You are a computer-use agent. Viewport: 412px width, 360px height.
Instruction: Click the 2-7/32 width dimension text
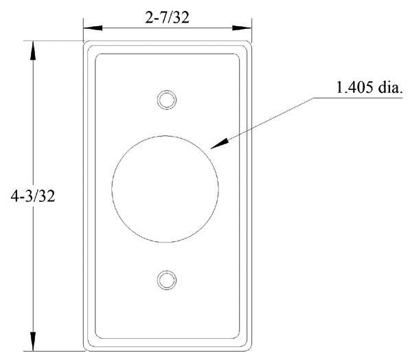[166, 19]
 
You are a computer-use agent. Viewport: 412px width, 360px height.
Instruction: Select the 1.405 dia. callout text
[369, 88]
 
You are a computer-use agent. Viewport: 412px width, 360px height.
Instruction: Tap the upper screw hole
[165, 100]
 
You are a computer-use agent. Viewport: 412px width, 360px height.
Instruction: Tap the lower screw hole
[165, 280]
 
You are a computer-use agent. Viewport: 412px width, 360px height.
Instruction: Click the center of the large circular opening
[165, 190]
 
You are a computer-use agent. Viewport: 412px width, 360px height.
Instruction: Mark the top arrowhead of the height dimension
[32, 48]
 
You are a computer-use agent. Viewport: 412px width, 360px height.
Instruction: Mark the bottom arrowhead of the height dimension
[32, 342]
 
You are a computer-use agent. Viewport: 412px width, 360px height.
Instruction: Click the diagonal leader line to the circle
[268, 121]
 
